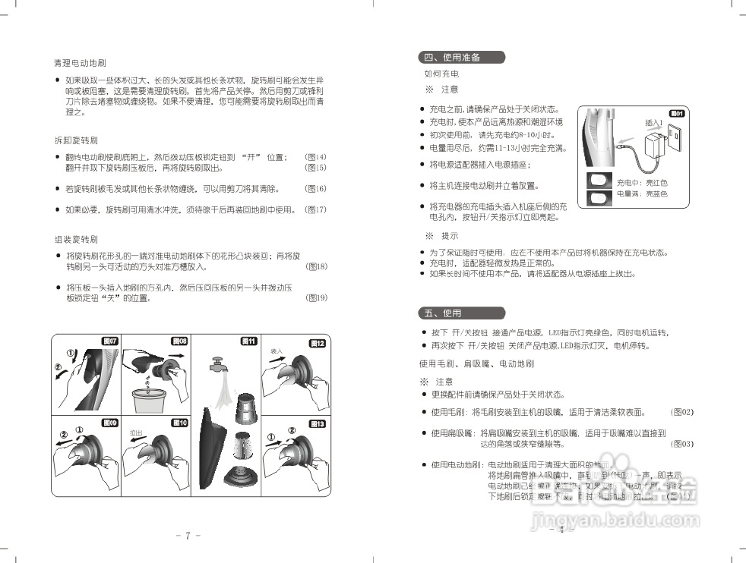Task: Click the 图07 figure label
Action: (111, 341)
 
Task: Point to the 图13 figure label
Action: (318, 424)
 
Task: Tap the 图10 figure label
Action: (180, 423)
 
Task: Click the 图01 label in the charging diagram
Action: (677, 114)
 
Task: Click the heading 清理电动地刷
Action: (79, 62)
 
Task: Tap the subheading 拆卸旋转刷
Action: (76, 141)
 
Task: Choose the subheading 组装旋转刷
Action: (76, 239)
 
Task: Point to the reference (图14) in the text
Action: (315, 157)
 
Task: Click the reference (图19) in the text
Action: (315, 298)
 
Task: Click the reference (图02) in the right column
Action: (683, 412)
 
